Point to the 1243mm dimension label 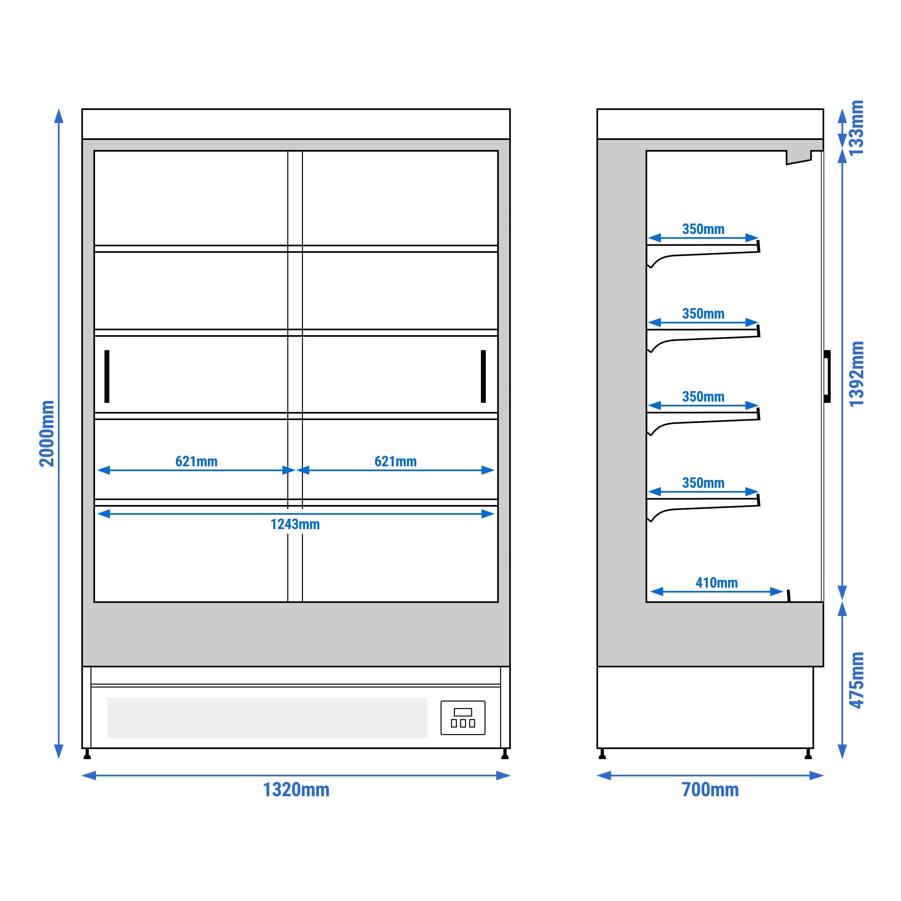[295, 524]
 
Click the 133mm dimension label [857, 127]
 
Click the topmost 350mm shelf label [703, 229]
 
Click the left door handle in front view [107, 376]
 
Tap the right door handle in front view [483, 376]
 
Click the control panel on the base [463, 718]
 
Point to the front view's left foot [87, 755]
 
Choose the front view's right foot [505, 755]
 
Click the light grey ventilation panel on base [267, 718]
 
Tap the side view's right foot [808, 755]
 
